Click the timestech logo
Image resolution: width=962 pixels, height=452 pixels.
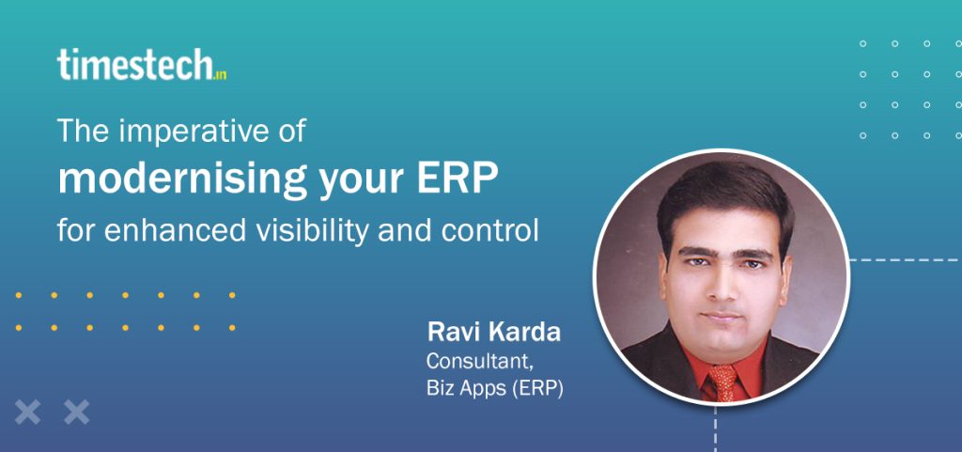click(x=142, y=65)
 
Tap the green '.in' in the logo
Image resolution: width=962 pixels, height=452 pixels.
click(x=220, y=75)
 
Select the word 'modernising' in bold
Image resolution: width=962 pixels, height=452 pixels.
click(x=181, y=179)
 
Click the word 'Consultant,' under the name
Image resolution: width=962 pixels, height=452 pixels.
click(x=479, y=361)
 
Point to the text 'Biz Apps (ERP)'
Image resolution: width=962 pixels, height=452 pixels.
click(x=494, y=389)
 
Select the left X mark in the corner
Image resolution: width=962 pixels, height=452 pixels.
click(x=27, y=413)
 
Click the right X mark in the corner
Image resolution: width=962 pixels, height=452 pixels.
click(x=77, y=413)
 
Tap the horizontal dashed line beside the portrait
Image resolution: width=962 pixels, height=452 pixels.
click(x=906, y=260)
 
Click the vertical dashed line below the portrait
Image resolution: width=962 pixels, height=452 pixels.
click(x=715, y=429)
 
